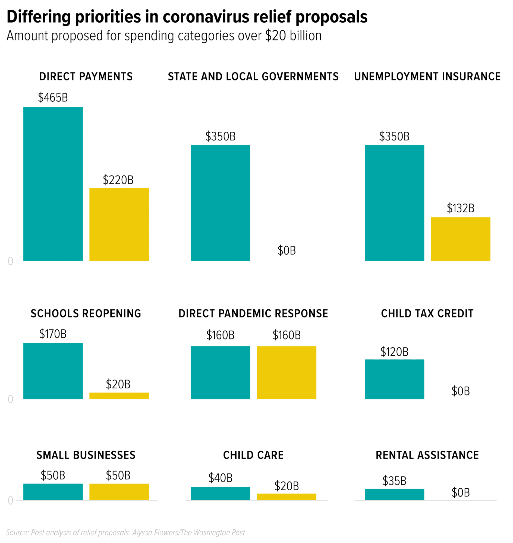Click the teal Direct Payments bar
point(53,184)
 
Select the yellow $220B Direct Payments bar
point(119,224)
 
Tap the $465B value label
point(53,98)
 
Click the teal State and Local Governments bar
point(221,203)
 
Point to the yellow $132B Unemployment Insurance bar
point(461,239)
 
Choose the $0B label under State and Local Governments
point(287,250)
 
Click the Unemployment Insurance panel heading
point(427,77)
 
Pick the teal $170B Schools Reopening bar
point(53,371)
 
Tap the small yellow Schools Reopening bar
point(119,396)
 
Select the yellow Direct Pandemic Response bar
point(287,373)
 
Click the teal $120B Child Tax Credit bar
point(394,379)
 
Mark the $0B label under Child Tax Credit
point(461,391)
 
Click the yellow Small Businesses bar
point(119,492)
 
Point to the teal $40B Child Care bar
point(221,494)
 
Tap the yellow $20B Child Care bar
point(287,497)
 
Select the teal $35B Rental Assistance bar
point(394,494)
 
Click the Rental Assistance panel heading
point(427,455)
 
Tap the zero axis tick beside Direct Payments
point(10,261)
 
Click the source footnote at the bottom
point(125,533)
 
